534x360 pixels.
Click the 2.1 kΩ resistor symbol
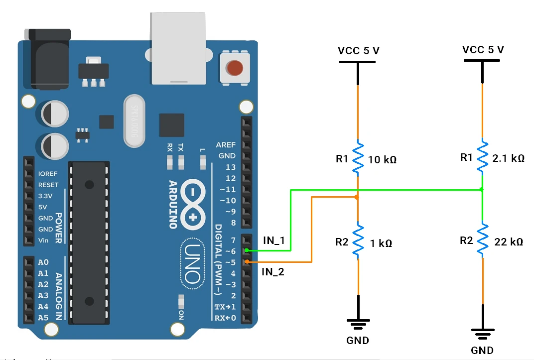(x=482, y=157)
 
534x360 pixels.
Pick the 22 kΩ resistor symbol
(x=482, y=241)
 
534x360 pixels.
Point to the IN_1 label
(x=273, y=240)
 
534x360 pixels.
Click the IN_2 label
(x=273, y=272)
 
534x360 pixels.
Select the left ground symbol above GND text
(x=358, y=324)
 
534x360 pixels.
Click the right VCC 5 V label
(x=483, y=50)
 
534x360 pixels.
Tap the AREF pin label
(x=226, y=145)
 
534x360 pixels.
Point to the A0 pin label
(x=43, y=262)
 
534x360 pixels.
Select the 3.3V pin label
(x=48, y=196)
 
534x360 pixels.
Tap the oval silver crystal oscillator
(x=134, y=121)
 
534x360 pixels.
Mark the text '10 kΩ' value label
(x=382, y=160)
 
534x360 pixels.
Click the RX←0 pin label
(x=225, y=318)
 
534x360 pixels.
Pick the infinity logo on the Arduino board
(x=193, y=205)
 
